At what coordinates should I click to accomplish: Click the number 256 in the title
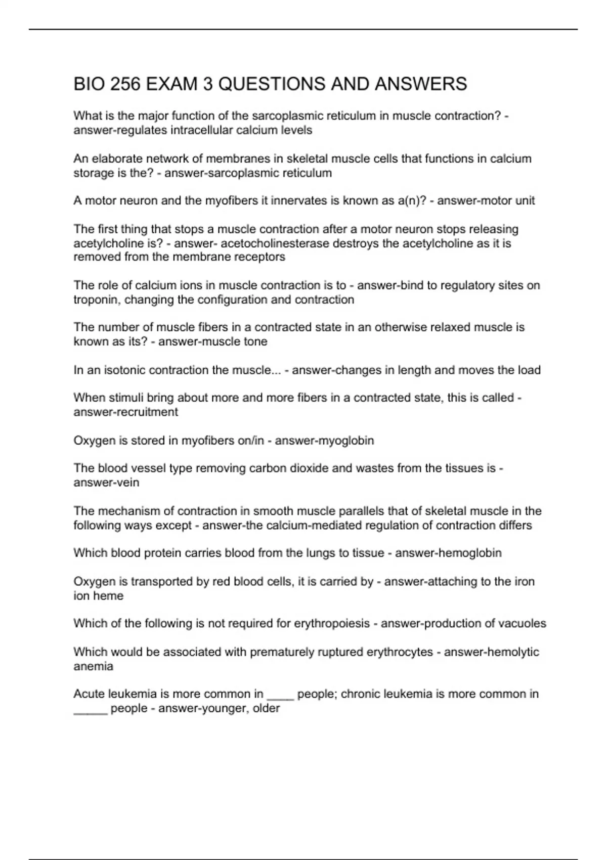tap(125, 84)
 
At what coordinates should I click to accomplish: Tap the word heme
tap(109, 595)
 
